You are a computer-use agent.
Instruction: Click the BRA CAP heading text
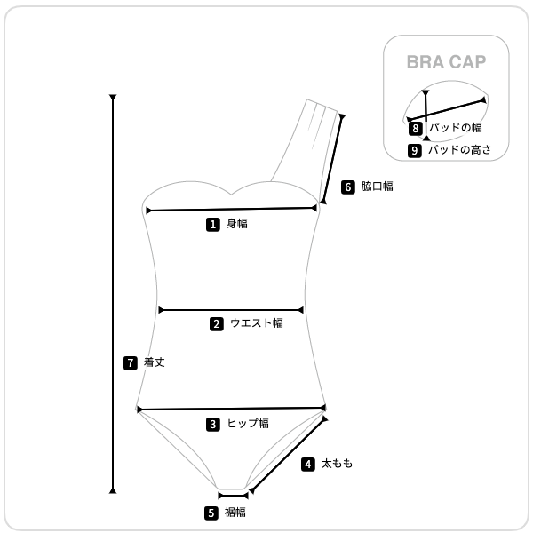(x=446, y=62)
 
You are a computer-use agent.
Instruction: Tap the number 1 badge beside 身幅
(x=213, y=225)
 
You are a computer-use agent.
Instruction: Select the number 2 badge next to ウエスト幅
(x=217, y=324)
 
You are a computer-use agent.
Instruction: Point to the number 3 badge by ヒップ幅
(x=213, y=425)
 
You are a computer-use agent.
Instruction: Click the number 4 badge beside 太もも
(x=308, y=465)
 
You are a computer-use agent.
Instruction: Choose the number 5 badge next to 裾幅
(x=211, y=513)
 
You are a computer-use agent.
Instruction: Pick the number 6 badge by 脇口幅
(x=347, y=187)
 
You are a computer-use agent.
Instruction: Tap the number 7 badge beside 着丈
(x=131, y=363)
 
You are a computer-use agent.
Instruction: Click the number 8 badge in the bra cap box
(x=416, y=129)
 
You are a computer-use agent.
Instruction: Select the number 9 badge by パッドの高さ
(x=414, y=151)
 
